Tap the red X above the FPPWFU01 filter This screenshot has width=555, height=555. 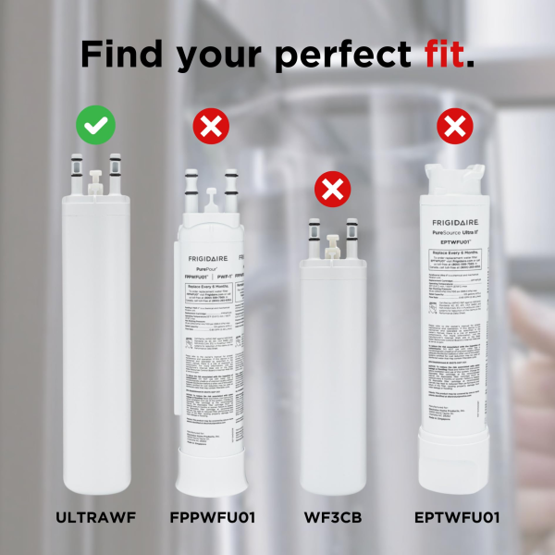point(212,125)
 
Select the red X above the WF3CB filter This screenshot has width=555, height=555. point(332,191)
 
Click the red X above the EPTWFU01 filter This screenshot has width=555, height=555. point(453,125)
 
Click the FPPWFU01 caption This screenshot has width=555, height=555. point(213,517)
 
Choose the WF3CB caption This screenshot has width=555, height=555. point(333,517)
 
